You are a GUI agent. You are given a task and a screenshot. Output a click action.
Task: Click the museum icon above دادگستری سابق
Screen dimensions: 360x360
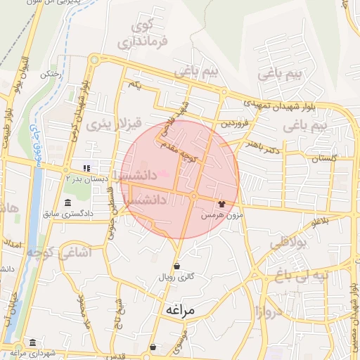click(68, 202)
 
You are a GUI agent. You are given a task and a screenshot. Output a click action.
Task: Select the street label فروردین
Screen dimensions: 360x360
click(235, 123)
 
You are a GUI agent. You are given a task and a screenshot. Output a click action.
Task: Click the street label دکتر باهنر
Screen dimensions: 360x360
click(263, 145)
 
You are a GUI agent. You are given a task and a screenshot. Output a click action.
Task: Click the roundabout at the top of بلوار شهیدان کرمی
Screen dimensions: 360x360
click(93, 60)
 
